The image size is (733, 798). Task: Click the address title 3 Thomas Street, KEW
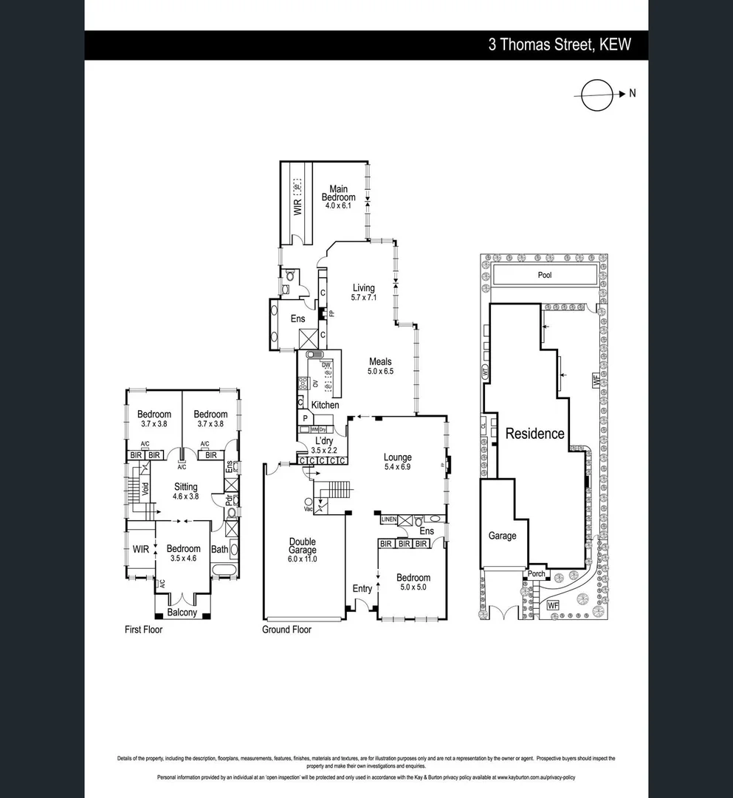point(560,45)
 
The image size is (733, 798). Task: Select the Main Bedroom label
point(338,193)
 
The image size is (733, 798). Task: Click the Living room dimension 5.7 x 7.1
point(363,298)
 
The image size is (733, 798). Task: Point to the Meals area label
point(381,361)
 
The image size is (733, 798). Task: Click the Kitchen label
point(325,405)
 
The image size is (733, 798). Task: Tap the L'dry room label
point(324,441)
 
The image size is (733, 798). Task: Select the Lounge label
point(397,457)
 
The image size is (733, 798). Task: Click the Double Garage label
point(303,545)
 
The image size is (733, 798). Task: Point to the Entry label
point(362,588)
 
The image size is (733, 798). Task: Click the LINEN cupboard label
point(389,519)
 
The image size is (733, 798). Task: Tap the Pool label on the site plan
point(545,275)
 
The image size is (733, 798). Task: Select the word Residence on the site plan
point(534,434)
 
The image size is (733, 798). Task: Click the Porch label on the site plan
point(536,574)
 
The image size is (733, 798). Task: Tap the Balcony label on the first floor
point(182,613)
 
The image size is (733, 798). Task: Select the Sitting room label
point(185,487)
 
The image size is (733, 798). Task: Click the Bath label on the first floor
point(219,549)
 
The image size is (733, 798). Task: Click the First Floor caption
point(143,630)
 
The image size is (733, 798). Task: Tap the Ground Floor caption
point(286,630)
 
